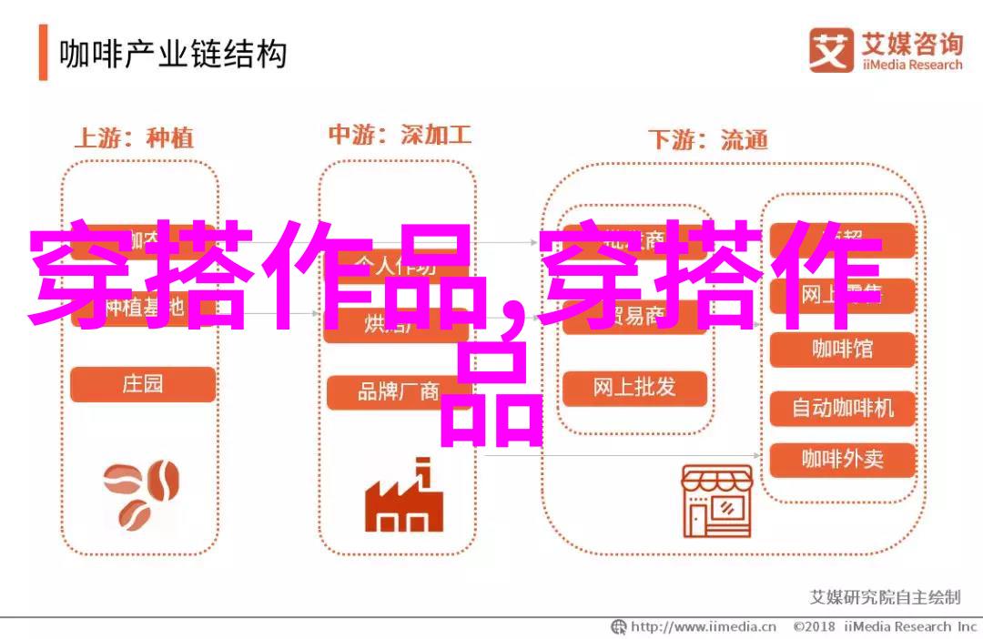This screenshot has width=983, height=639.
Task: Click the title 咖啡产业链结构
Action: [x=173, y=55]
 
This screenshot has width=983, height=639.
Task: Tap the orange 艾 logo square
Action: [x=830, y=51]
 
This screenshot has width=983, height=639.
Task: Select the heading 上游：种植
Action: [x=133, y=138]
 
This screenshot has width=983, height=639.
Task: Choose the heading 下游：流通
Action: [x=707, y=140]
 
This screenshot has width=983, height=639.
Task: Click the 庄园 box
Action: [x=143, y=384]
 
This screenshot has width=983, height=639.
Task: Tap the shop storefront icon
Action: [x=716, y=502]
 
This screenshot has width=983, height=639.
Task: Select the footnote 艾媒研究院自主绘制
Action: [x=884, y=597]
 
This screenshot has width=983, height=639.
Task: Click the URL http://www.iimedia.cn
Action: [x=694, y=627]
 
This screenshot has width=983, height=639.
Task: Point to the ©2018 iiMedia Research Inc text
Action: [x=885, y=627]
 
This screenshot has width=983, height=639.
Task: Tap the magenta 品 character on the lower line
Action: [x=491, y=396]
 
